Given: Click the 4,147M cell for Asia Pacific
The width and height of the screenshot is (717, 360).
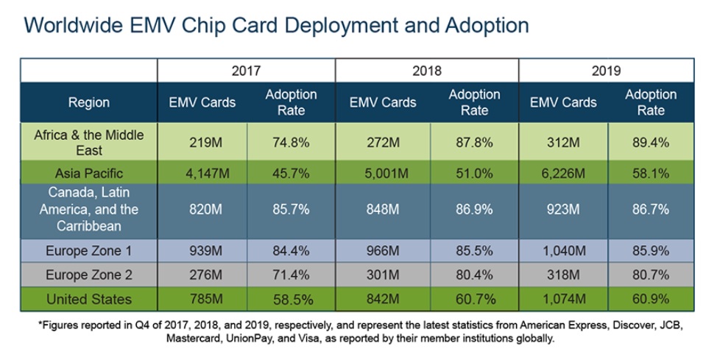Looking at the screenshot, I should pyautogui.click(x=202, y=174).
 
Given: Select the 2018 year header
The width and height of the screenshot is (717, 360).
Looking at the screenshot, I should pyautogui.click(x=427, y=71).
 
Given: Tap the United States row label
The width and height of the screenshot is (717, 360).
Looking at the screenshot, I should pyautogui.click(x=89, y=299).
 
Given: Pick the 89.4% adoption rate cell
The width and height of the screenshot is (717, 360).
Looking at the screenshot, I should pyautogui.click(x=651, y=143).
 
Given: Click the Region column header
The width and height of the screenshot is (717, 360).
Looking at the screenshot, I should pyautogui.click(x=89, y=102).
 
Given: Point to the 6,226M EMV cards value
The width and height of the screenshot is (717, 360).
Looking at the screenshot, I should pyautogui.click(x=563, y=174).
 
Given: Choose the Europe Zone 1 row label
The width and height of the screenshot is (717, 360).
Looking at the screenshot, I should pyautogui.click(x=89, y=251).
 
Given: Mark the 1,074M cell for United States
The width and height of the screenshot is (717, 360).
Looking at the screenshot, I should pyautogui.click(x=563, y=299).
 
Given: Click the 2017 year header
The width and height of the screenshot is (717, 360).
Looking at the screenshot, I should pyautogui.click(x=246, y=71).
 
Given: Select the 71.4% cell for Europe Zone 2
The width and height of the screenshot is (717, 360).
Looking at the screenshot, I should pyautogui.click(x=290, y=275).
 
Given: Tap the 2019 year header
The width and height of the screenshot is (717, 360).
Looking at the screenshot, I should pyautogui.click(x=606, y=71).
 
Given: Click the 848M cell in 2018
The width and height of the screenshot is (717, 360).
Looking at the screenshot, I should pyautogui.click(x=383, y=209).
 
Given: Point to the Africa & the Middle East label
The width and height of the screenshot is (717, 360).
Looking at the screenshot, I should pyautogui.click(x=89, y=143).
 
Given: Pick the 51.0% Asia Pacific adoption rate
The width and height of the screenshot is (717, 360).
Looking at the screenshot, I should pyautogui.click(x=474, y=174).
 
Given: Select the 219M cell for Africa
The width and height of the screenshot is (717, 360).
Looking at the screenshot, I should pyautogui.click(x=202, y=143).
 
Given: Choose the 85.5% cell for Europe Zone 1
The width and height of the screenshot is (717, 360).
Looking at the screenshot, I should pyautogui.click(x=474, y=251).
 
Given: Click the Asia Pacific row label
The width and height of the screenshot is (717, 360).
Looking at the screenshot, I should pyautogui.click(x=89, y=174).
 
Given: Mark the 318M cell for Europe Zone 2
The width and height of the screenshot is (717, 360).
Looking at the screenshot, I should pyautogui.click(x=563, y=275).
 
